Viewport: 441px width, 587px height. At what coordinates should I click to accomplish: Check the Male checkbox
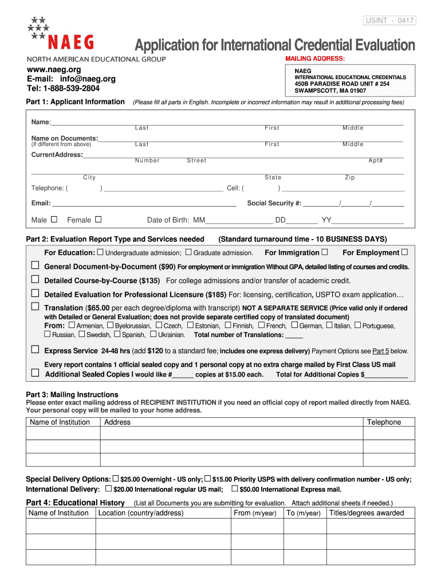pos(54,219)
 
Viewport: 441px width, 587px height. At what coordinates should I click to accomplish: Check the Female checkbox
pos(99,219)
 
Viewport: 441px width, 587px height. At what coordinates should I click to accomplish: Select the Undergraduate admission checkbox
pos(100,252)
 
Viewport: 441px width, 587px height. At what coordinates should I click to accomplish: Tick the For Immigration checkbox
pos(325,252)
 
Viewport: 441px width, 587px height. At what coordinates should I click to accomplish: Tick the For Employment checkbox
pos(404,252)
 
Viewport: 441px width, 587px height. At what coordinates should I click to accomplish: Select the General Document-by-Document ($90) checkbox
pos(35,265)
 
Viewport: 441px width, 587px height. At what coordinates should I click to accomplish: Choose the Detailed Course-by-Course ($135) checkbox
pos(35,279)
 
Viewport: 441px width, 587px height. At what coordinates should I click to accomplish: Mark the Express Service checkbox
pos(35,349)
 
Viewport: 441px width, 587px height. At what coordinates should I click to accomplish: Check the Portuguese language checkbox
pos(357,325)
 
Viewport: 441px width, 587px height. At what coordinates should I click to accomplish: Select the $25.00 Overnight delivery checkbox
pos(116,478)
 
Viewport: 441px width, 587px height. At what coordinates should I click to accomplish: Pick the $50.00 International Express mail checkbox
pos(234,488)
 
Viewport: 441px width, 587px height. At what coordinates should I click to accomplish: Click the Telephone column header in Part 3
pos(384,422)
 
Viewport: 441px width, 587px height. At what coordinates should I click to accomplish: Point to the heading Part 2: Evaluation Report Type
pos(115,239)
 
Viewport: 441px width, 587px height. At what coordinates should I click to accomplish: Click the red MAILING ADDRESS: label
pos(314,59)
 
